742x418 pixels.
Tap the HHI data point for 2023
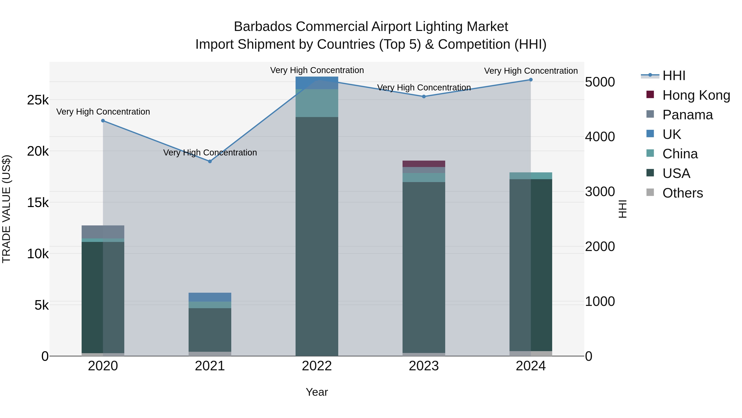click(x=424, y=97)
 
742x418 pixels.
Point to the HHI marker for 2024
click(x=531, y=80)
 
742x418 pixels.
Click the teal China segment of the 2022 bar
click(x=317, y=103)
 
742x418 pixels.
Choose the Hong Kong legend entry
click(x=696, y=95)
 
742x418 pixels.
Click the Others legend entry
click(x=683, y=193)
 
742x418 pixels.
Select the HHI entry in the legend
click(x=674, y=76)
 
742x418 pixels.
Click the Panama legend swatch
click(x=650, y=114)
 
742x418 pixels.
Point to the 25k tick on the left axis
click(x=38, y=100)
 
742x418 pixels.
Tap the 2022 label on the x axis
click(x=317, y=366)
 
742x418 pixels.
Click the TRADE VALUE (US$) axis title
click(x=6, y=209)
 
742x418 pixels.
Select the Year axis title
click(x=317, y=392)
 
